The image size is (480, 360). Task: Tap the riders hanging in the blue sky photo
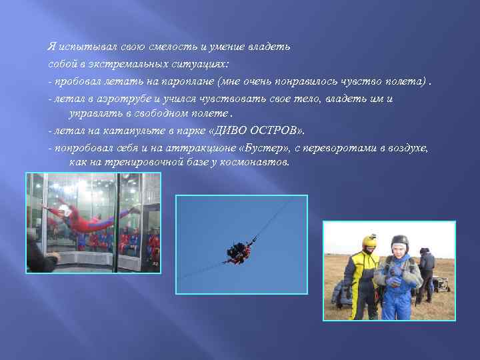(x=238, y=251)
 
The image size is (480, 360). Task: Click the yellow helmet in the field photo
(x=369, y=242)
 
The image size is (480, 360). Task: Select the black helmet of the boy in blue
(x=399, y=241)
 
